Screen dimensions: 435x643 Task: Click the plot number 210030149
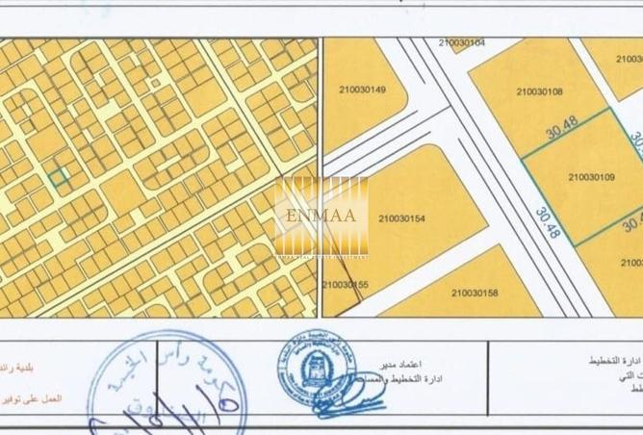(363, 90)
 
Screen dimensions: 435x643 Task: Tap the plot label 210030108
(539, 92)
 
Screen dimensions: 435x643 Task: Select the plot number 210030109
(591, 177)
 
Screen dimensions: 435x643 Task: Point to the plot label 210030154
(402, 217)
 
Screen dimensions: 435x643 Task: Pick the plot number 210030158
(474, 293)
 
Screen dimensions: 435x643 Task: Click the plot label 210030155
(346, 284)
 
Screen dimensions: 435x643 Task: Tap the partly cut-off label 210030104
(461, 43)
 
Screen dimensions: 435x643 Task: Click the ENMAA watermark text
(321, 214)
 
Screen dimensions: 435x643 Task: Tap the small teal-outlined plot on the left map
(59, 177)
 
